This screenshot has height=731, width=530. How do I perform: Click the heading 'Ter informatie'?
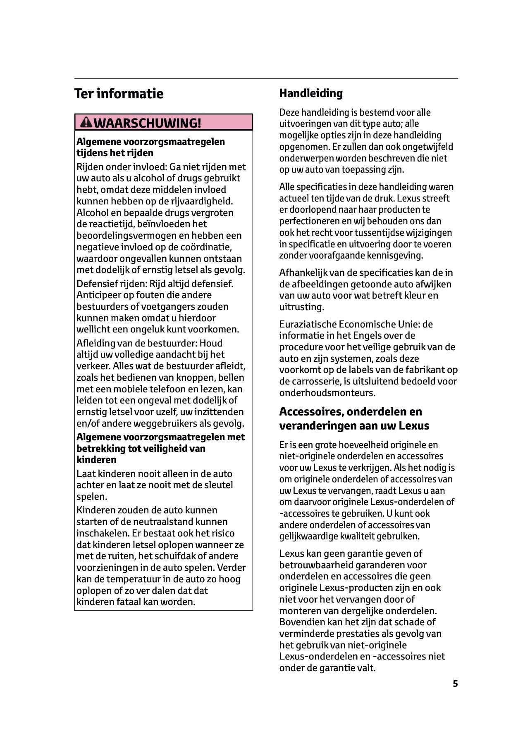click(119, 94)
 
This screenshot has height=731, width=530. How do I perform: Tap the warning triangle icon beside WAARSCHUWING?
click(87, 122)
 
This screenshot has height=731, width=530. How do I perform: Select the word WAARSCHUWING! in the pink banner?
click(148, 123)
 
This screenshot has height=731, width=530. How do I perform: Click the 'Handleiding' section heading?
click(311, 93)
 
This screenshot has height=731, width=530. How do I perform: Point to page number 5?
click(455, 684)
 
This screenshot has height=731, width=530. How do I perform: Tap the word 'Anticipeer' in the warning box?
click(98, 295)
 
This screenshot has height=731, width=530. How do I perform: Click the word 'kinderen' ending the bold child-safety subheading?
click(96, 460)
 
